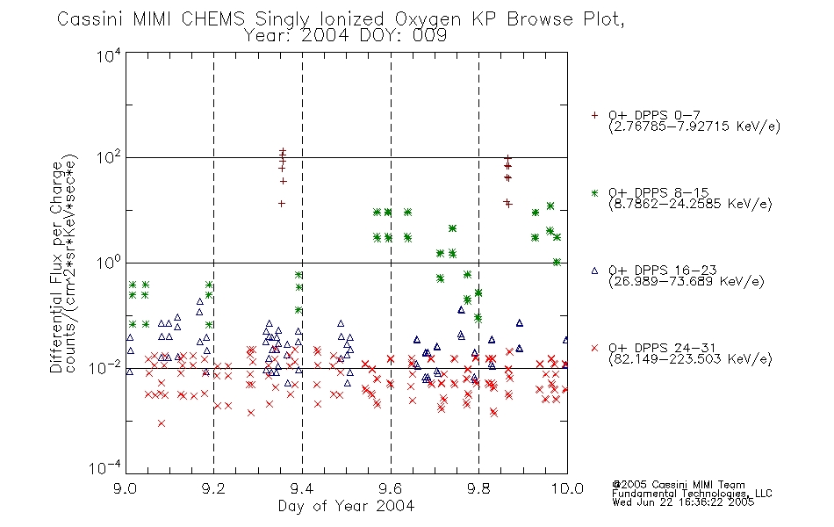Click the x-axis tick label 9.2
(214, 488)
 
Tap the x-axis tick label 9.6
(391, 488)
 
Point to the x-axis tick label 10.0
(567, 488)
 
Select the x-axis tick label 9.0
(125, 488)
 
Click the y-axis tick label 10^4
(109, 55)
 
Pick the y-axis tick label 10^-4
(106, 467)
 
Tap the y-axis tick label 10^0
(109, 263)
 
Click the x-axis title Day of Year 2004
(346, 506)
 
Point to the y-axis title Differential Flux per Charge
(56, 267)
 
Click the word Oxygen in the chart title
(428, 19)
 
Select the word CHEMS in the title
(212, 19)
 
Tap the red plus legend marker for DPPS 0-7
(594, 115)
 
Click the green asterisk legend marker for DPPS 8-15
(594, 192)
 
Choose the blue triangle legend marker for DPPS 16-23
(594, 271)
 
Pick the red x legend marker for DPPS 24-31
(594, 348)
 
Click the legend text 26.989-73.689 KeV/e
(687, 282)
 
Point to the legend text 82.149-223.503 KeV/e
(690, 359)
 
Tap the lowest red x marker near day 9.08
(162, 423)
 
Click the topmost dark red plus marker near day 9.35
(283, 151)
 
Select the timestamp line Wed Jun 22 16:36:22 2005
(683, 502)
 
